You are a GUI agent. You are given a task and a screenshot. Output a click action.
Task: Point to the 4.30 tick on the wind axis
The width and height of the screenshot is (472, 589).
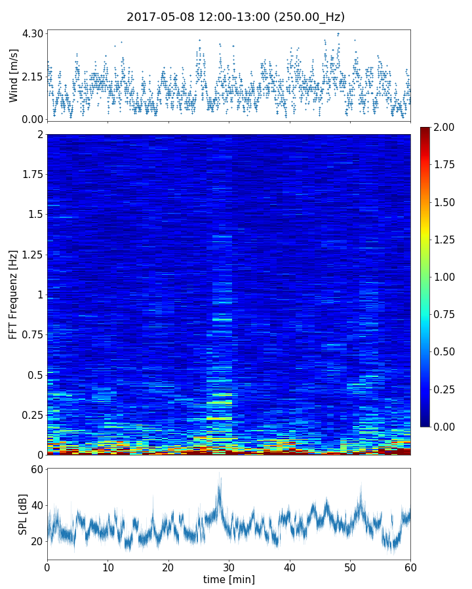[x=32, y=33]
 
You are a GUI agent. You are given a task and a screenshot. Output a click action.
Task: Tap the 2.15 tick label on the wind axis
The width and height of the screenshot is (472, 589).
[x=32, y=77]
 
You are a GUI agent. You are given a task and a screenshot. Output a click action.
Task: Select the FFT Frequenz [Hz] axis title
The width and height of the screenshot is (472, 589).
[x=14, y=294]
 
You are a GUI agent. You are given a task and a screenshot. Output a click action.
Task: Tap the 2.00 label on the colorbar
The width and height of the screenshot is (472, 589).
[x=446, y=128]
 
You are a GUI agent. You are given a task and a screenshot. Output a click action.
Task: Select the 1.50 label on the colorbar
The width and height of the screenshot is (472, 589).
[x=446, y=202]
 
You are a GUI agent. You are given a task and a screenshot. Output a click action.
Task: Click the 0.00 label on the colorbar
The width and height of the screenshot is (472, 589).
[x=446, y=427]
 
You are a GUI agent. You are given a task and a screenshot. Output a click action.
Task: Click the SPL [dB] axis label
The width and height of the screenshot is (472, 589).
[x=23, y=514]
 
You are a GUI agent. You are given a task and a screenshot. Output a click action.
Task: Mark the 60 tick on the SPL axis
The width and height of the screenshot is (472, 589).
[x=36, y=470]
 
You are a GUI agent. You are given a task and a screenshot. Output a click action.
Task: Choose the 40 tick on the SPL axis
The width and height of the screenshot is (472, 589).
[x=36, y=506]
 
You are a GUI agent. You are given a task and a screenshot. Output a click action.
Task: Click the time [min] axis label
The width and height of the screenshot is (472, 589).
[x=229, y=579]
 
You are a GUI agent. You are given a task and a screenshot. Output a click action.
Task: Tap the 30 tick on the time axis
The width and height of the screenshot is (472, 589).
[x=229, y=567]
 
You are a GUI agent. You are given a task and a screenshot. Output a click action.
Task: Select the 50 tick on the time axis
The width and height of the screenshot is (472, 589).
[x=350, y=567]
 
